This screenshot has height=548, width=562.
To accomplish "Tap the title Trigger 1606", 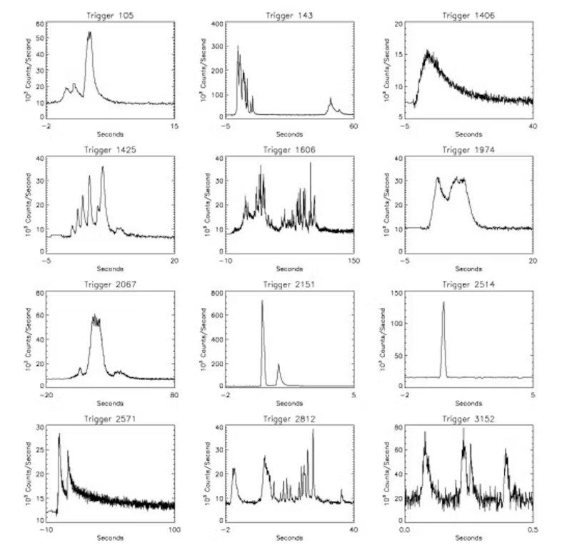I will (x=289, y=150).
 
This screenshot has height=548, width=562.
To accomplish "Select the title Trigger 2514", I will (x=468, y=284).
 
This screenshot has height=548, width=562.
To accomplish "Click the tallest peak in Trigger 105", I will (x=89, y=32).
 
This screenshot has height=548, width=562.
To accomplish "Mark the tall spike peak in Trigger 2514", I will (x=443, y=302).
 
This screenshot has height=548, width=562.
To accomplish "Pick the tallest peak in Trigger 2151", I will (x=262, y=301).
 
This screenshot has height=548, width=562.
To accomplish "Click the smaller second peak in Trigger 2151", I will (x=279, y=365).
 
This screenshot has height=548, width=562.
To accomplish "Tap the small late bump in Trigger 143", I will (x=331, y=99).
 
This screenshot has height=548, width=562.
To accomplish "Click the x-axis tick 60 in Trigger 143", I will (x=353, y=126).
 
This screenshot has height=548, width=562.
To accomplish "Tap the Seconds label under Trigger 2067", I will (x=111, y=403).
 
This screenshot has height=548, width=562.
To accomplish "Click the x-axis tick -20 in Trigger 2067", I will (x=48, y=395).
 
